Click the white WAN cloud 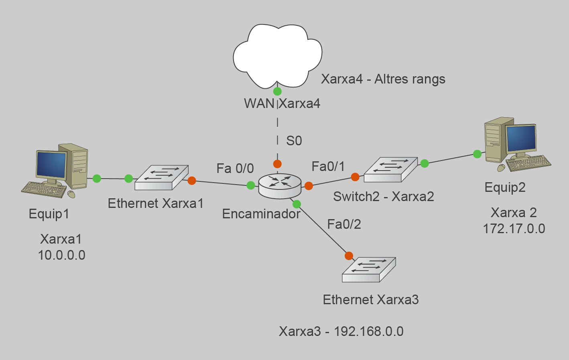tap(278, 55)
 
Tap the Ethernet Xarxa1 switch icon tap(161, 178)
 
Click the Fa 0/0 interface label tap(235, 168)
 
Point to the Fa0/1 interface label tap(328, 166)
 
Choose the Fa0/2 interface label tap(344, 224)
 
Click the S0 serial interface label tap(294, 141)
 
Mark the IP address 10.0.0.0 tap(61, 255)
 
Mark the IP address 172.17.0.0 tap(514, 229)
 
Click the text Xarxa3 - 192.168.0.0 tap(341, 332)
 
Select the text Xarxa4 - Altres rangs tap(383, 79)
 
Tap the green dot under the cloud tap(277, 92)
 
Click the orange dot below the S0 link tap(277, 164)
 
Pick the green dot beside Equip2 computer tap(477, 154)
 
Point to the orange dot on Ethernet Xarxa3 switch tap(349, 256)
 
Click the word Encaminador tap(261, 214)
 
